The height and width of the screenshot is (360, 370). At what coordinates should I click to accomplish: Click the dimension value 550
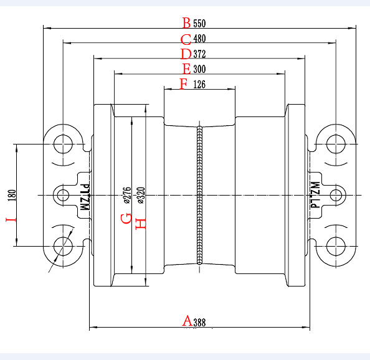click(x=199, y=23)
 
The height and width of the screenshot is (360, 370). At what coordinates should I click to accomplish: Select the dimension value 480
click(x=199, y=39)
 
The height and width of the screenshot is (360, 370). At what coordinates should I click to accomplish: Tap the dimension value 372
click(x=199, y=54)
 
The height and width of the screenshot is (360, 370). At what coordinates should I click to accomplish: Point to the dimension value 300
click(x=199, y=69)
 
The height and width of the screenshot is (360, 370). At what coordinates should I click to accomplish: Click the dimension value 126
click(x=199, y=84)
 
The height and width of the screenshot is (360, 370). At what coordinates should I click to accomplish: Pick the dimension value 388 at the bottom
click(x=199, y=323)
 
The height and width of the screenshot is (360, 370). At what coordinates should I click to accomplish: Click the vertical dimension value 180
click(x=12, y=195)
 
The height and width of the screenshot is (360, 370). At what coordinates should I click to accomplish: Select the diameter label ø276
click(x=127, y=195)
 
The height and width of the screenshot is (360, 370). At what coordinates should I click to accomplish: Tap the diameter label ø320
click(x=141, y=195)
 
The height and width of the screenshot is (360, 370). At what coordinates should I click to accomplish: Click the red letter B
click(x=186, y=23)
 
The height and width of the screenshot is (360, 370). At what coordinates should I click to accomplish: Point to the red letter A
click(x=187, y=321)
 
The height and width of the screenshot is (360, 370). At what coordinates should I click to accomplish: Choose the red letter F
click(x=184, y=83)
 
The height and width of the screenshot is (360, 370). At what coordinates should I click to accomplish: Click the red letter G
click(x=126, y=218)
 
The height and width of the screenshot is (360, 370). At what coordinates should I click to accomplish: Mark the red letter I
click(x=11, y=220)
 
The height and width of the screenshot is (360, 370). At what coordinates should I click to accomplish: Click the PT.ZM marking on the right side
click(x=315, y=195)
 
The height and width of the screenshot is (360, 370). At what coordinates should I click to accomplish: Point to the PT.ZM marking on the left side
click(x=85, y=197)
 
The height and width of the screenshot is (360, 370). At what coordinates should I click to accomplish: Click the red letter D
click(x=186, y=54)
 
